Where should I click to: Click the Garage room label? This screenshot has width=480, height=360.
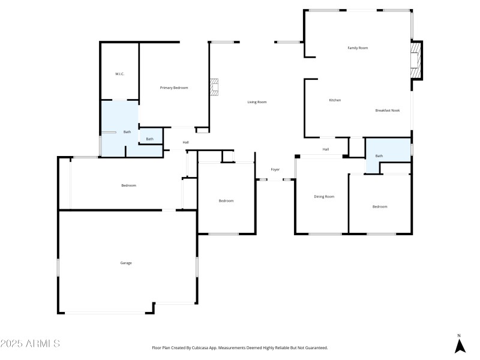(125, 263)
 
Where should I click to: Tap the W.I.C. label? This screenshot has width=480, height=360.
(119, 74)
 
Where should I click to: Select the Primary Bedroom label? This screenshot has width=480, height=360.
(174, 88)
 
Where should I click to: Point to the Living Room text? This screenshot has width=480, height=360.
(257, 102)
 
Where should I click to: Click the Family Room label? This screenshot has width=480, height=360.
(358, 47)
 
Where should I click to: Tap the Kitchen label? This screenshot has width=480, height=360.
(335, 100)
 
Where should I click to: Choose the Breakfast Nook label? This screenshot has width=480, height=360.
(388, 110)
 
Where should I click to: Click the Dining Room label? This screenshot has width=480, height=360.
(324, 196)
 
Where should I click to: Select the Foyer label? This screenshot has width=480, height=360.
(275, 170)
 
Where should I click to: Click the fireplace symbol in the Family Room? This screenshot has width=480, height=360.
(415, 61)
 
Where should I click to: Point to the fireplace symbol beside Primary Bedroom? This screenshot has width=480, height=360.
(215, 87)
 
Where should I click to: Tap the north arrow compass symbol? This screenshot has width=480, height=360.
(460, 346)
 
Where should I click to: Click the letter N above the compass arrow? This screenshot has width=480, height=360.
(460, 335)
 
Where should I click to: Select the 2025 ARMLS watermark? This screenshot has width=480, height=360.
(30, 344)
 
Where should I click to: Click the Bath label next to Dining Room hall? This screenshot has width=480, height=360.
(379, 156)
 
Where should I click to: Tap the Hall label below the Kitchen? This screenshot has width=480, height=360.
(326, 149)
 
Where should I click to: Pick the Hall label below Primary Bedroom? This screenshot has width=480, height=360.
(186, 142)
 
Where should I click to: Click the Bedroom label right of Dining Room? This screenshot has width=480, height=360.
(380, 206)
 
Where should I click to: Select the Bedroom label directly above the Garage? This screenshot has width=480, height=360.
(128, 185)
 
